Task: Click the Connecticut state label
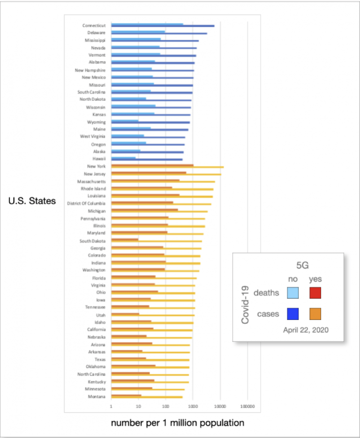[94, 25]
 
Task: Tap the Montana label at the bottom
[96, 396]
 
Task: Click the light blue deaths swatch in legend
[293, 293]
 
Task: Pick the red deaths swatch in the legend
[315, 293]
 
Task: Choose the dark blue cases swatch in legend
[293, 314]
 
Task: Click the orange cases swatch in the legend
[315, 314]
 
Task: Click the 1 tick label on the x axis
[111, 407]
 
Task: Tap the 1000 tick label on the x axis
[193, 407]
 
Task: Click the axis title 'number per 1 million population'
[178, 423]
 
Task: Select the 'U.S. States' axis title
[32, 201]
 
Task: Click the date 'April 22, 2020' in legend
[306, 330]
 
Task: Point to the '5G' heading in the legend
[303, 265]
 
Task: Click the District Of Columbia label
[86, 203]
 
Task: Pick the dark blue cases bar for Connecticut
[199, 26]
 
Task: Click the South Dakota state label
[92, 241]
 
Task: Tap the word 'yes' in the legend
[315, 279]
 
